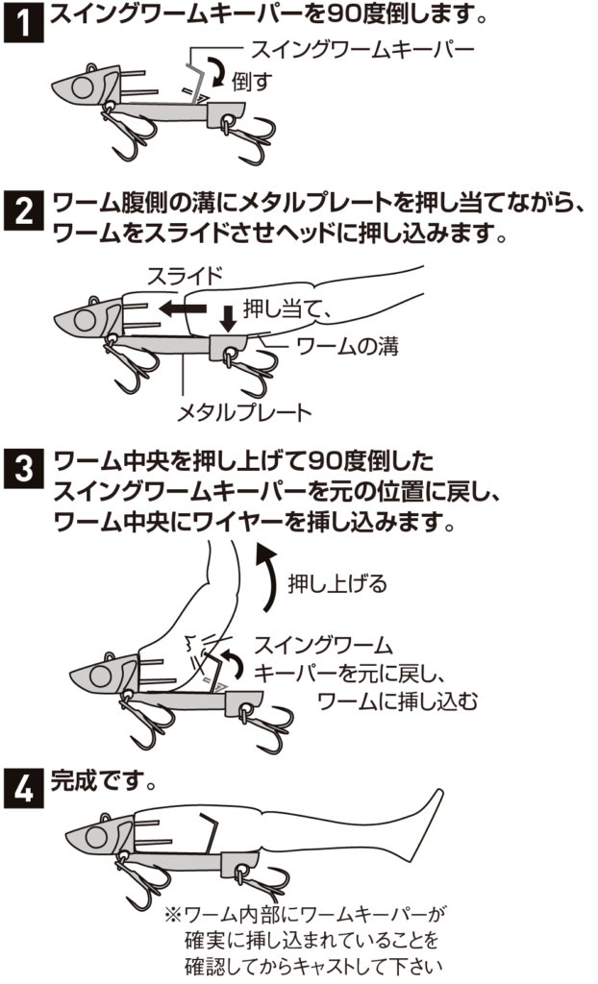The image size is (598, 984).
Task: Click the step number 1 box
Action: click(x=23, y=23)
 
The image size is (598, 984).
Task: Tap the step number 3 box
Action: click(x=23, y=468)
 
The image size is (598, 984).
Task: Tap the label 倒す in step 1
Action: click(x=253, y=82)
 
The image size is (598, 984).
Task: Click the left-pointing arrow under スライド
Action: click(x=182, y=307)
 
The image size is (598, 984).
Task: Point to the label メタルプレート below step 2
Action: click(x=244, y=412)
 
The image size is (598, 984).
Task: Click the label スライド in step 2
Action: click(x=185, y=276)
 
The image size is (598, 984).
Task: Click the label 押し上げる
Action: click(x=337, y=583)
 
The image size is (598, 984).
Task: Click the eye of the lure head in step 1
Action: click(x=82, y=88)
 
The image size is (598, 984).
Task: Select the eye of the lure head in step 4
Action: click(x=96, y=837)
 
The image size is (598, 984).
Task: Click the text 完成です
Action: click(x=103, y=782)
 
